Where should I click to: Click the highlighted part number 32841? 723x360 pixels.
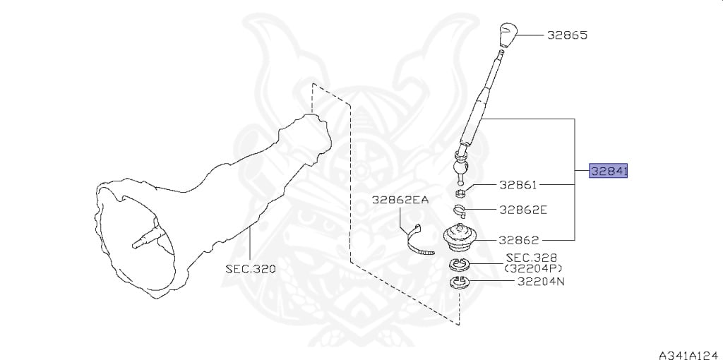[609, 172]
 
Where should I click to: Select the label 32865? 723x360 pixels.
[568, 35]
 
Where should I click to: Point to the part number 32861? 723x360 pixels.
[518, 186]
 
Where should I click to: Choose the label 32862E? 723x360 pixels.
[523, 210]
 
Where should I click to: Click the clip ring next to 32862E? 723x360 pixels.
[459, 210]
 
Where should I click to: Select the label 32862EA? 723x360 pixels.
[401, 200]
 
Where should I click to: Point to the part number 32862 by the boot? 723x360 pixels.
[518, 240]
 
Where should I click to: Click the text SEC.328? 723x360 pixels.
[532, 258]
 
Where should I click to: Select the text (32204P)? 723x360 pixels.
[533, 268]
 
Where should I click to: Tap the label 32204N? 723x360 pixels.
[540, 281]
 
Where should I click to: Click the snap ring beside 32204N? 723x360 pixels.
[460, 282]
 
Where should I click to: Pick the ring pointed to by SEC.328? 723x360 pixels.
[460, 265]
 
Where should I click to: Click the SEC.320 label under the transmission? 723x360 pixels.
[251, 269]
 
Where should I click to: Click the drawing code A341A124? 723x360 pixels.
[690, 355]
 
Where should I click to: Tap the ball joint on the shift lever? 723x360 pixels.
[460, 166]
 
